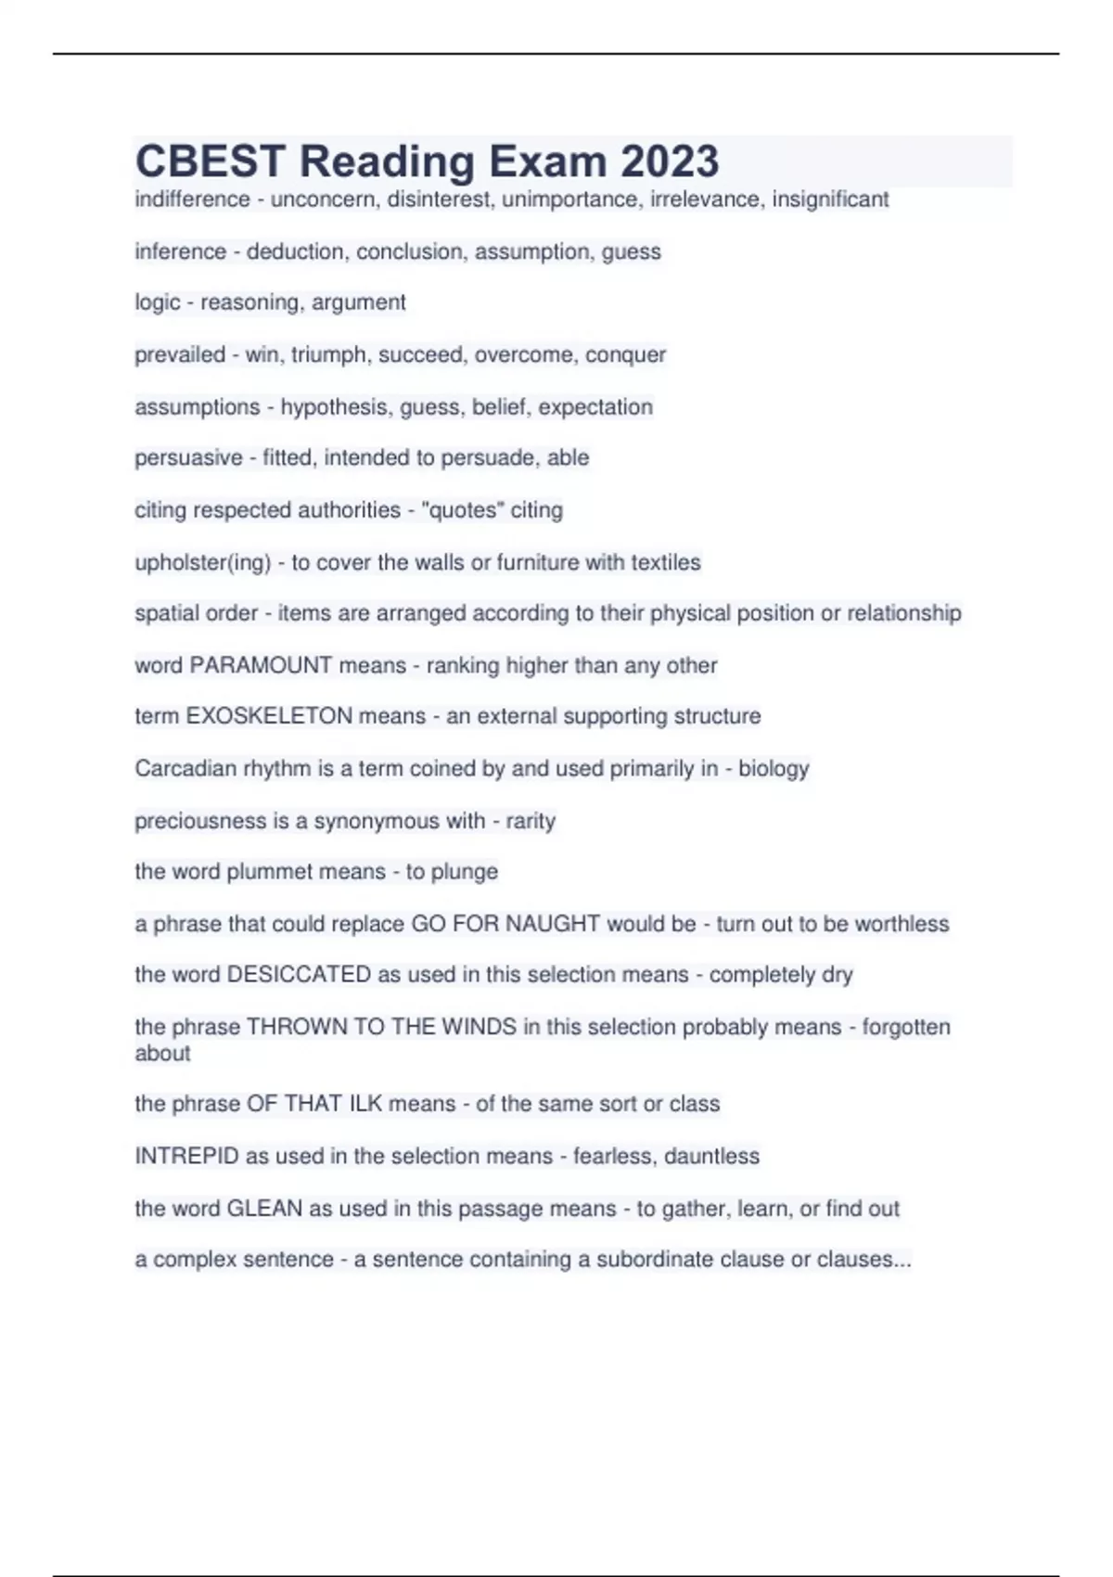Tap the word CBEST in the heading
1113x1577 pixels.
pyautogui.click(x=210, y=161)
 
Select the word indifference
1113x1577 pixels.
pyautogui.click(x=192, y=199)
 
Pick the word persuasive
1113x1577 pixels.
pyautogui.click(x=188, y=458)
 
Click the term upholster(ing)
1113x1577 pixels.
pyautogui.click(x=202, y=563)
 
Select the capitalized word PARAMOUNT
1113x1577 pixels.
pyautogui.click(x=260, y=665)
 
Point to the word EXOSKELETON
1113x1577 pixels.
pyautogui.click(x=269, y=716)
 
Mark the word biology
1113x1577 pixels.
pyautogui.click(x=774, y=769)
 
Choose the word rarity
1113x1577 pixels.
pyautogui.click(x=531, y=821)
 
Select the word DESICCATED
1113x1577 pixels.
pyautogui.click(x=299, y=975)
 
